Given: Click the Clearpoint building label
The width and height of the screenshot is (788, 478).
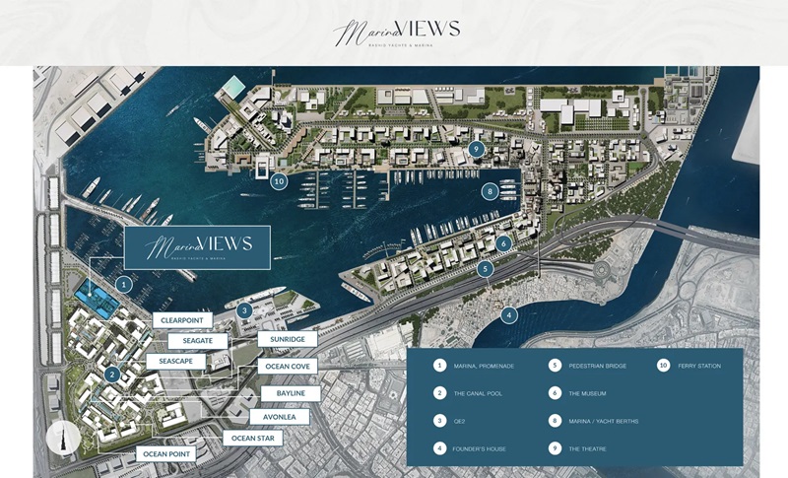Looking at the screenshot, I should [x=182, y=320].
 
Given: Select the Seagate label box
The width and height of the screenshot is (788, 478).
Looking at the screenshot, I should [x=197, y=341].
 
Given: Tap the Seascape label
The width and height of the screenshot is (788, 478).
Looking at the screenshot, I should [x=175, y=362].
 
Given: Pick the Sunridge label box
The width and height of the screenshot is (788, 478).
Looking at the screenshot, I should [x=287, y=339].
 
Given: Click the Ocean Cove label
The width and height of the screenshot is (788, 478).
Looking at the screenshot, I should [x=287, y=366].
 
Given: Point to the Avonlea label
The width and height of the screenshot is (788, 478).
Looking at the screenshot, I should [x=279, y=417].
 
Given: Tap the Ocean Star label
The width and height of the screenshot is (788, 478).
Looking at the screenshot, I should [x=253, y=438].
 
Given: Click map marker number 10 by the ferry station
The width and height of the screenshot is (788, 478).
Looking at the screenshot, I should [x=280, y=181].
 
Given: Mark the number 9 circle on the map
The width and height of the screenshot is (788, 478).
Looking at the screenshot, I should [x=477, y=150].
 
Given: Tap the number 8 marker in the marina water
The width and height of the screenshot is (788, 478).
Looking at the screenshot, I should [x=489, y=192].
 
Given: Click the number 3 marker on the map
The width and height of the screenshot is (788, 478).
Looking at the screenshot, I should [x=245, y=310].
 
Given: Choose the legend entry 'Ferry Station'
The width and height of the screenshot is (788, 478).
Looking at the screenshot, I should [x=698, y=366].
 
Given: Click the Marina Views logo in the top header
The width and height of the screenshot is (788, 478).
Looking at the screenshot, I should [x=396, y=33].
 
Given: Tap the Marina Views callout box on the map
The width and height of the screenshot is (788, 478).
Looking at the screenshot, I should [x=198, y=247].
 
